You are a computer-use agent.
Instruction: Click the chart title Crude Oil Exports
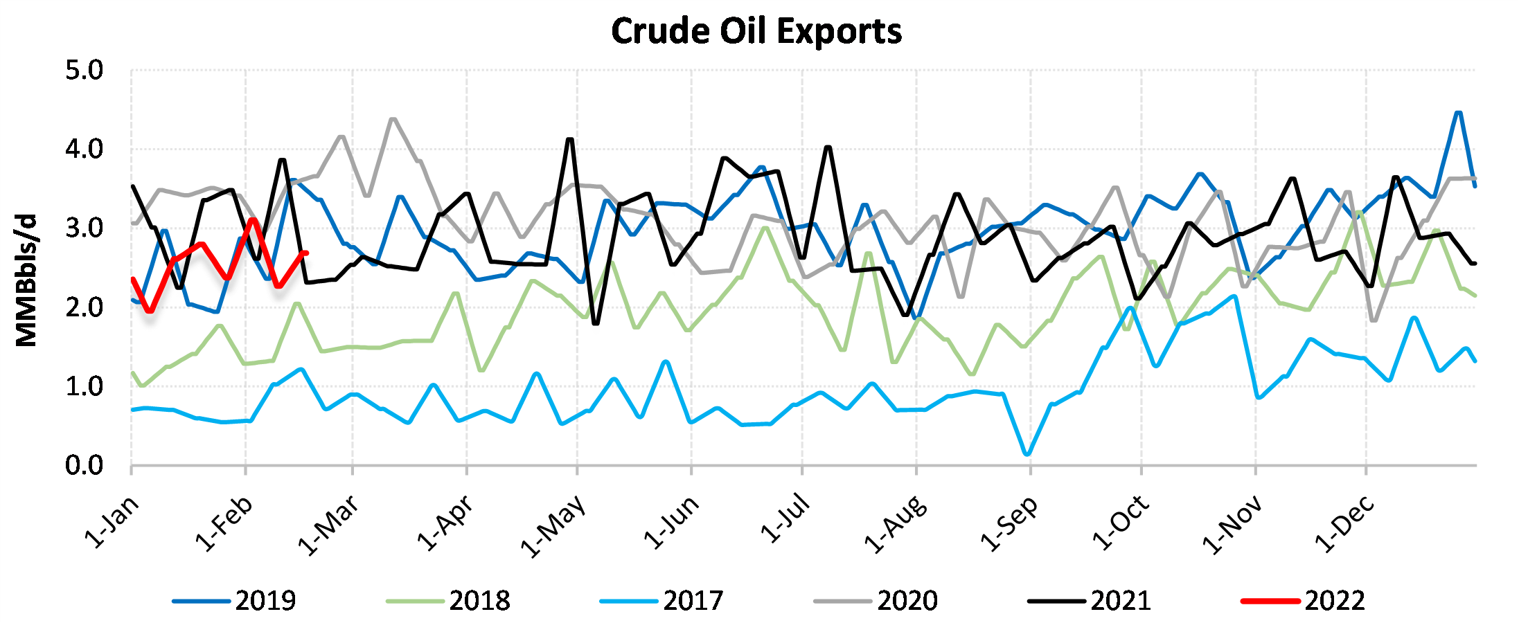tap(756, 32)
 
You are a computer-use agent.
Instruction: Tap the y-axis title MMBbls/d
tap(26, 280)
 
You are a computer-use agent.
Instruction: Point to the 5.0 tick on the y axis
tap(84, 71)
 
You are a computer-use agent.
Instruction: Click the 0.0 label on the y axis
tap(84, 465)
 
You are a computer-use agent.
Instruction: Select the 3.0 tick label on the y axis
tap(84, 228)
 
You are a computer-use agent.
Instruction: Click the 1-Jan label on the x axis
tap(112, 523)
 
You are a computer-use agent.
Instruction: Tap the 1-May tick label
tap(554, 526)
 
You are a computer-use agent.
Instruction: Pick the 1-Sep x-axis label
tap(1010, 524)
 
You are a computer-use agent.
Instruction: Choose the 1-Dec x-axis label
tap(1345, 525)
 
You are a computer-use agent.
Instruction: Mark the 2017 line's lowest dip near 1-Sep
tap(1027, 454)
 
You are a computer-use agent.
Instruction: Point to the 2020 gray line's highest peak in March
tap(393, 119)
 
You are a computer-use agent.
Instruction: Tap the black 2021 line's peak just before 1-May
tap(570, 139)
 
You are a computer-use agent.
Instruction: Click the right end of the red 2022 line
tap(305, 253)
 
